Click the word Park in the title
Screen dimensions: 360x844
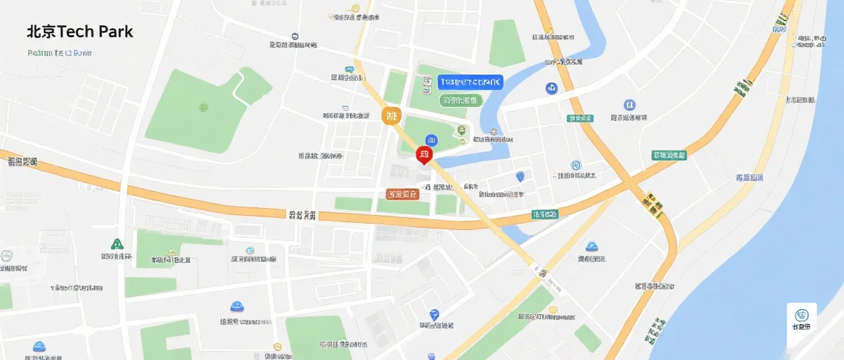pyautogui.click(x=115, y=32)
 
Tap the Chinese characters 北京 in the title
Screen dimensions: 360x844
pyautogui.click(x=41, y=32)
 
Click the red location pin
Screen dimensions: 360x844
pyautogui.click(x=424, y=155)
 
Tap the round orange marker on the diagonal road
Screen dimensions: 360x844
pyautogui.click(x=392, y=116)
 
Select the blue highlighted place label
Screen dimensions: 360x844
pyautogui.click(x=471, y=82)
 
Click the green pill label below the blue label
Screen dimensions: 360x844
pyautogui.click(x=461, y=101)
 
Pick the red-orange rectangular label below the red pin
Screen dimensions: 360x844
pyautogui.click(x=402, y=193)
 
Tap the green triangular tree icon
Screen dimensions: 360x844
pyautogui.click(x=117, y=244)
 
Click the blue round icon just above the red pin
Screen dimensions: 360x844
pyautogui.click(x=432, y=140)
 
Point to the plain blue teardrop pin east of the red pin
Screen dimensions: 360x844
pyautogui.click(x=520, y=177)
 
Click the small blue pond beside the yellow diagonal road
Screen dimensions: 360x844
pyautogui.click(x=518, y=233)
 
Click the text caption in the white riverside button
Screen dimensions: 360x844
pyautogui.click(x=801, y=328)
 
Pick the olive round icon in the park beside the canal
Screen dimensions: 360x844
pyautogui.click(x=462, y=130)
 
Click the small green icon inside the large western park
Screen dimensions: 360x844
pyautogui.click(x=203, y=108)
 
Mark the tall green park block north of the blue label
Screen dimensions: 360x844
pyautogui.click(x=508, y=42)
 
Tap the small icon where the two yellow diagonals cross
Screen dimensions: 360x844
pyautogui.click(x=653, y=204)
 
